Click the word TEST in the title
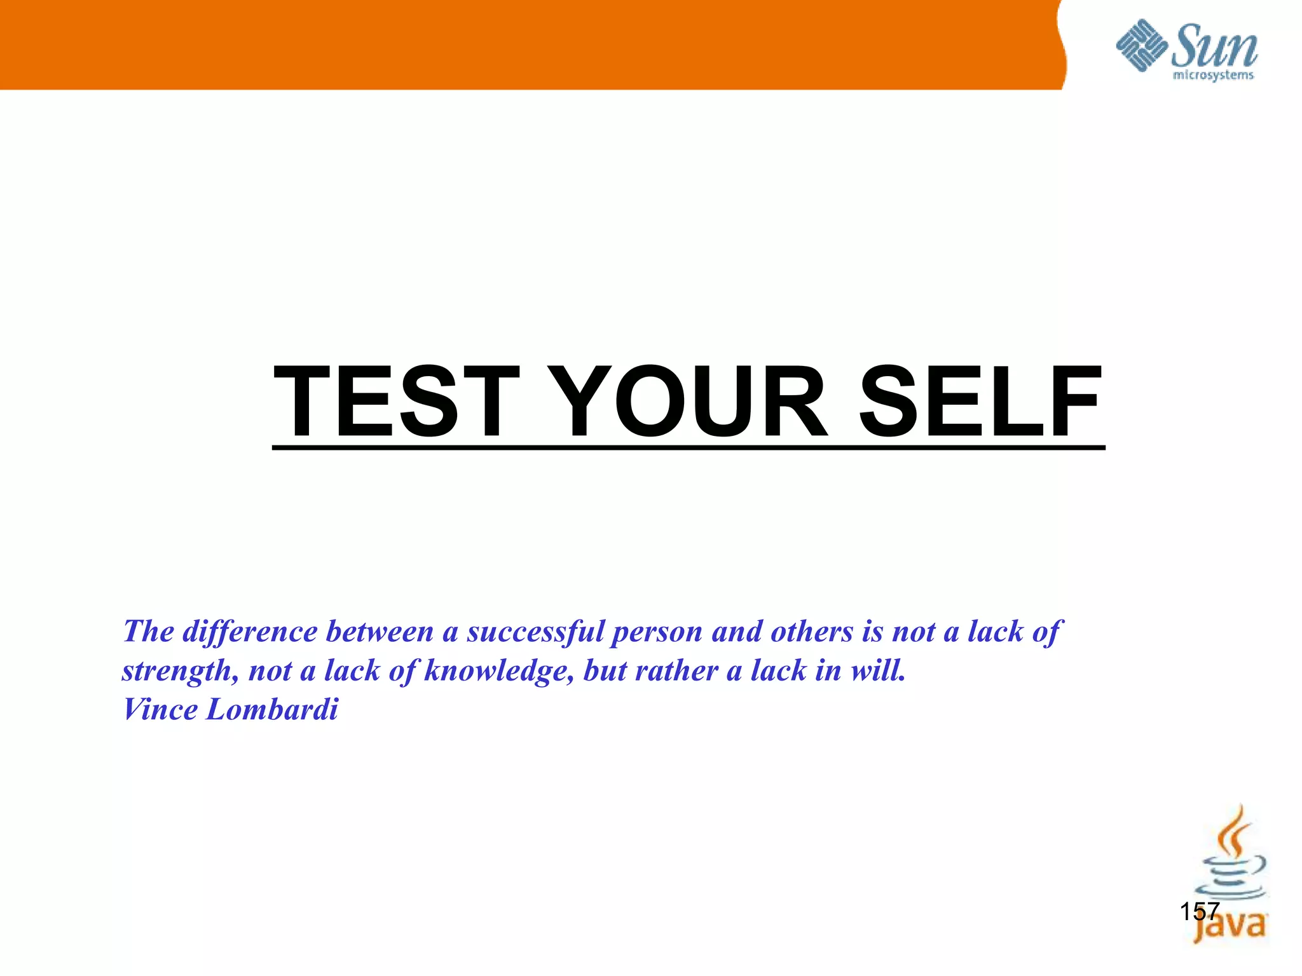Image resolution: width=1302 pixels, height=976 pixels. pyautogui.click(x=395, y=402)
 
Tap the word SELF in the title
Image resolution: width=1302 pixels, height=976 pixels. pyautogui.click(x=980, y=402)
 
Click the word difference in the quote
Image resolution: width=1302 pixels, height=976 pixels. pyautogui.click(x=250, y=632)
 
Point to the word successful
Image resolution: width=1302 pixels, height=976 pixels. pyautogui.click(x=535, y=632)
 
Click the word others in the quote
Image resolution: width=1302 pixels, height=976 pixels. pyautogui.click(x=811, y=632)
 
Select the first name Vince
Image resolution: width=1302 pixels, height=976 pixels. pyautogui.click(x=160, y=710)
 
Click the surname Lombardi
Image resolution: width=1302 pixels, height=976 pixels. pyautogui.click(x=271, y=710)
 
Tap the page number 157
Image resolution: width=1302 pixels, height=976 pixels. pyautogui.click(x=1199, y=912)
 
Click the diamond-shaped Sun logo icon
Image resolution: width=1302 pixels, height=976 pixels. pyautogui.click(x=1142, y=46)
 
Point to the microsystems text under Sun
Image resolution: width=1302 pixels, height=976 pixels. pyautogui.click(x=1212, y=76)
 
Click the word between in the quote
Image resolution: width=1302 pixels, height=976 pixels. pyautogui.click(x=380, y=632)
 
